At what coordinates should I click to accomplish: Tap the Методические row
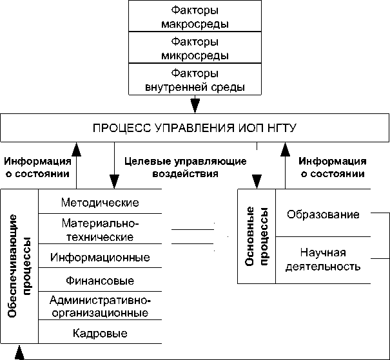(100, 203)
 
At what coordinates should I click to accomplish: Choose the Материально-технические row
(100, 230)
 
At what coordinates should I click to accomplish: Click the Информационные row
(100, 258)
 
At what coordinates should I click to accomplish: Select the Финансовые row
(100, 281)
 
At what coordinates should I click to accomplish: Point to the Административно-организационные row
(100, 307)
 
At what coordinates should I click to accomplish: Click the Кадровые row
(100, 334)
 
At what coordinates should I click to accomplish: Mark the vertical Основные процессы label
(257, 236)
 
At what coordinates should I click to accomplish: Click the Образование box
(323, 214)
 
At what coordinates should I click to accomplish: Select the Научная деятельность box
(323, 259)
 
